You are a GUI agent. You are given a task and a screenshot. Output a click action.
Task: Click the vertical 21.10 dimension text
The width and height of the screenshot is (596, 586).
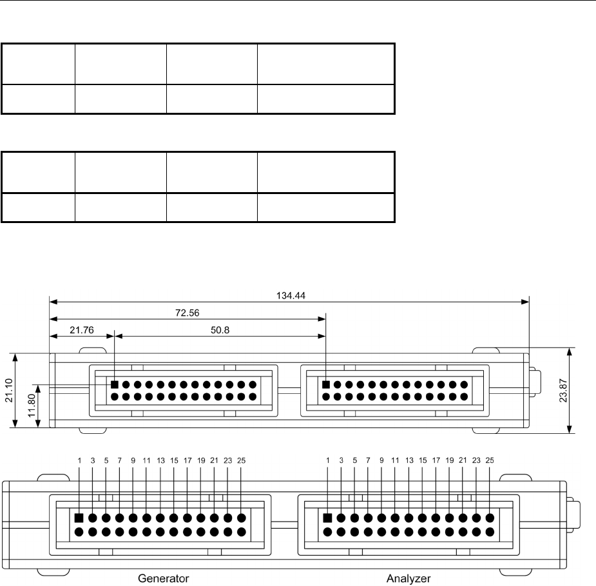pyautogui.click(x=18, y=390)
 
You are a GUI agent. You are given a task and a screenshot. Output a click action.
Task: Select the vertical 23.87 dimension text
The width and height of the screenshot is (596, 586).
pyautogui.click(x=581, y=390)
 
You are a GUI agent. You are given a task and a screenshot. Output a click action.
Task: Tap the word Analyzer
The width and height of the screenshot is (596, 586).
pyautogui.click(x=409, y=578)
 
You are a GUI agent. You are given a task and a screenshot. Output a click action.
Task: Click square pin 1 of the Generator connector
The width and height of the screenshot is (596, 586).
pyautogui.click(x=79, y=518)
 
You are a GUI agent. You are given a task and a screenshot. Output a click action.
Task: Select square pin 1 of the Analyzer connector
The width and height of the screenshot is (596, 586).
pyautogui.click(x=327, y=518)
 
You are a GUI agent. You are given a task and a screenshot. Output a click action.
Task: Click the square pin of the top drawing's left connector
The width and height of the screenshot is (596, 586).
pyautogui.click(x=115, y=385)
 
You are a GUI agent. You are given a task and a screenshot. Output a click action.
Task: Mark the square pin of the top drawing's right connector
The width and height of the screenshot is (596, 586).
pyautogui.click(x=326, y=385)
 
